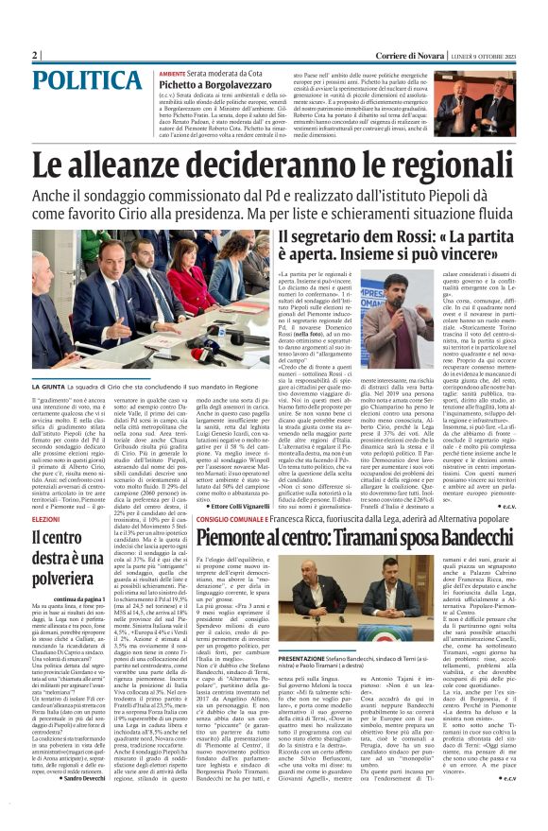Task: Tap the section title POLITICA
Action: pyautogui.click(x=77, y=81)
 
